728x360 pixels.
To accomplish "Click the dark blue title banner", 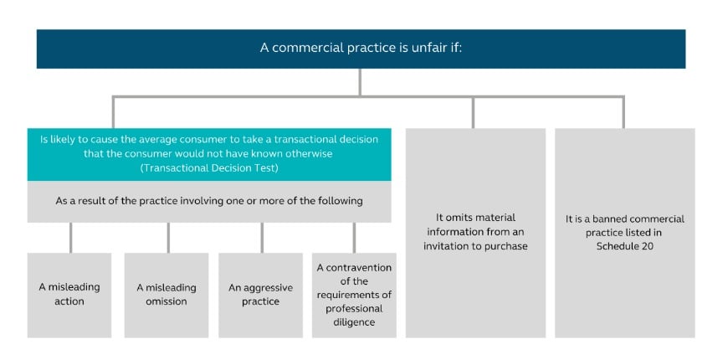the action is [x=361, y=49].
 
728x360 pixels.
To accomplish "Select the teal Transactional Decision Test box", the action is [x=209, y=154].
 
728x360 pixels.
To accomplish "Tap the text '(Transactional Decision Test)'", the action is [x=209, y=168].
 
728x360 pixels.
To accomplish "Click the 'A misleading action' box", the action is [x=69, y=295].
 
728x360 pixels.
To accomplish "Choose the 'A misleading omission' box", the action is [x=167, y=295].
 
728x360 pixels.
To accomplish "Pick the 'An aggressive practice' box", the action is [x=260, y=295].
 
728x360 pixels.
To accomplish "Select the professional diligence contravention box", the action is [x=354, y=295].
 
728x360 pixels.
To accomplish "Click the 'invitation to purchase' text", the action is [x=475, y=246].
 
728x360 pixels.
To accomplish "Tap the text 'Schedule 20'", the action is [x=625, y=246].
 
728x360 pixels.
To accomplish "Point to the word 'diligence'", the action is [x=354, y=322].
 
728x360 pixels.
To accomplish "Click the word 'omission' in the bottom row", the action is [x=167, y=301].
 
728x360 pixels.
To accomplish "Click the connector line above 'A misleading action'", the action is [x=70, y=238].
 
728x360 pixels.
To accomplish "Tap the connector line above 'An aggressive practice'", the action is [x=262, y=238].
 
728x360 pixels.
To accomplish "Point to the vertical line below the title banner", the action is [x=360, y=83].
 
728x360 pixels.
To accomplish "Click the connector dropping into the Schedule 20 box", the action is [x=623, y=112].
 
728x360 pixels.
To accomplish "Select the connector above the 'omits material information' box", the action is [x=473, y=112].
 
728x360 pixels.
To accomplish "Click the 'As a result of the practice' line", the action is [x=209, y=202].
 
